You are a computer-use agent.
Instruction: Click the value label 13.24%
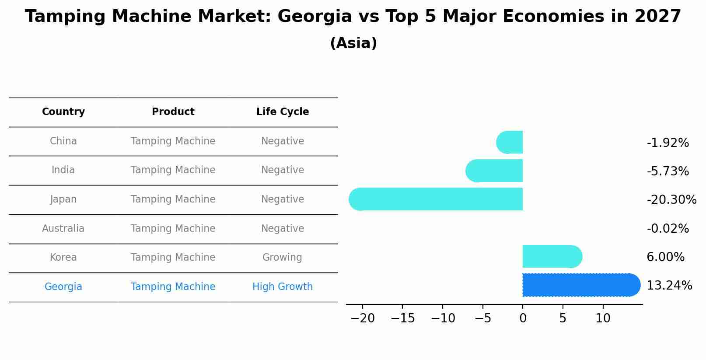point(669,286)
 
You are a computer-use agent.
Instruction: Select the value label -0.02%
point(668,228)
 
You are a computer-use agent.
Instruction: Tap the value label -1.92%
point(668,143)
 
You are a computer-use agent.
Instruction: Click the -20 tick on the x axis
point(363,318)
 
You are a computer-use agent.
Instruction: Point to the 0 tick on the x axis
point(523,318)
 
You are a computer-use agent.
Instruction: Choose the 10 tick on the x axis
point(603,318)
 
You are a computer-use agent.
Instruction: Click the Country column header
point(63,112)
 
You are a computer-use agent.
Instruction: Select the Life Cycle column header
point(283,112)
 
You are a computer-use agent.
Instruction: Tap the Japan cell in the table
point(63,199)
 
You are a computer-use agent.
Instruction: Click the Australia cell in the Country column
point(63,229)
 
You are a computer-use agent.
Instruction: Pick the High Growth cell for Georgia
point(283,287)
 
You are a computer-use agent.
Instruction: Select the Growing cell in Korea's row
point(282,258)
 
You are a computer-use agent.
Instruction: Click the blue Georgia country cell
point(63,287)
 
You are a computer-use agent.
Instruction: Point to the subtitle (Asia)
point(353,43)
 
